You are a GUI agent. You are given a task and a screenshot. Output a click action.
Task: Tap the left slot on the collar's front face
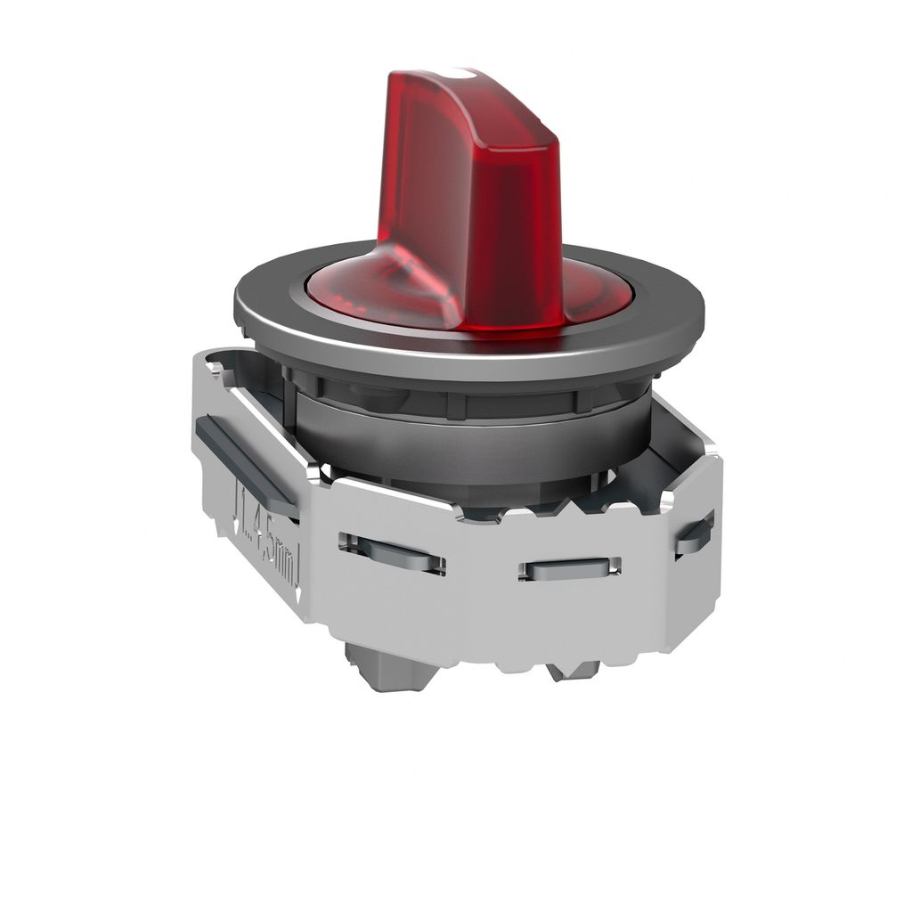click(x=392, y=554)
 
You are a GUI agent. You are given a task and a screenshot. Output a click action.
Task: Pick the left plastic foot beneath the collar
click(x=383, y=668)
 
